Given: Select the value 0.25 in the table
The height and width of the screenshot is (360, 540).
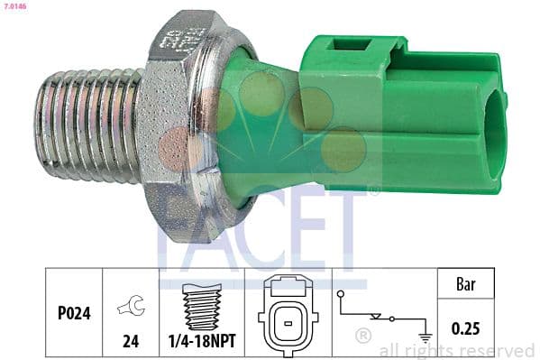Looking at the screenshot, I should pos(465,328).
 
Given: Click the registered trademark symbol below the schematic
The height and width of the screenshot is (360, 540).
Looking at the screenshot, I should pos(363,337).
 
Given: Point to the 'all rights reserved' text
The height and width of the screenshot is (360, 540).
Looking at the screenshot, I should pos(457,351).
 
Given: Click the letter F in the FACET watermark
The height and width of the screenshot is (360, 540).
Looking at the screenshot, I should pos(176,229).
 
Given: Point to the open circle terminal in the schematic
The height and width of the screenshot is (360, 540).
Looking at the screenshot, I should pos(342,294).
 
